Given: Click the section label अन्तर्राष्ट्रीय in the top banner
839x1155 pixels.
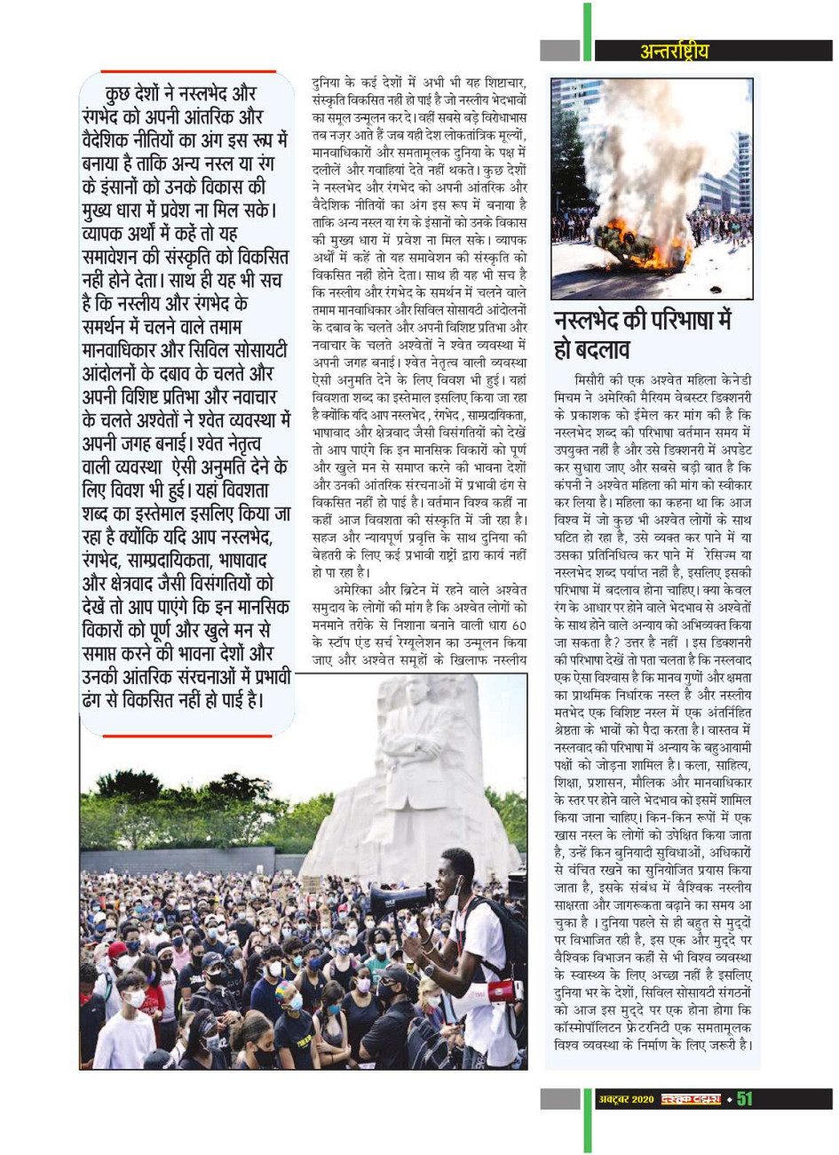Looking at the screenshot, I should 675,51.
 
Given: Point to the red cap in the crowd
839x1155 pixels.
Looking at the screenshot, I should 118,950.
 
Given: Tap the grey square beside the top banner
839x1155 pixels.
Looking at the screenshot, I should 559,51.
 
